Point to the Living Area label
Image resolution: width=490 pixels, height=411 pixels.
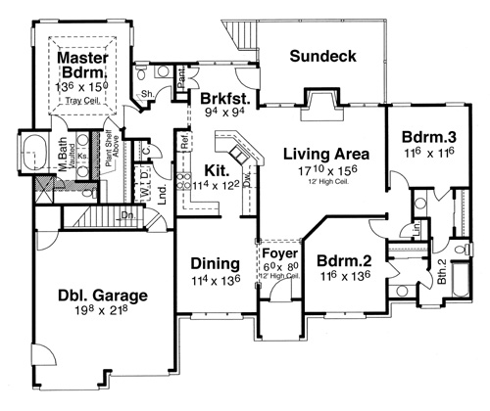pyautogui.click(x=325, y=154)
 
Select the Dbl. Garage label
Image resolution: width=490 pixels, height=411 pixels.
pyautogui.click(x=87, y=293)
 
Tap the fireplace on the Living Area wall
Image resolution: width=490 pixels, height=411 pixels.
pyautogui.click(x=320, y=101)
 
